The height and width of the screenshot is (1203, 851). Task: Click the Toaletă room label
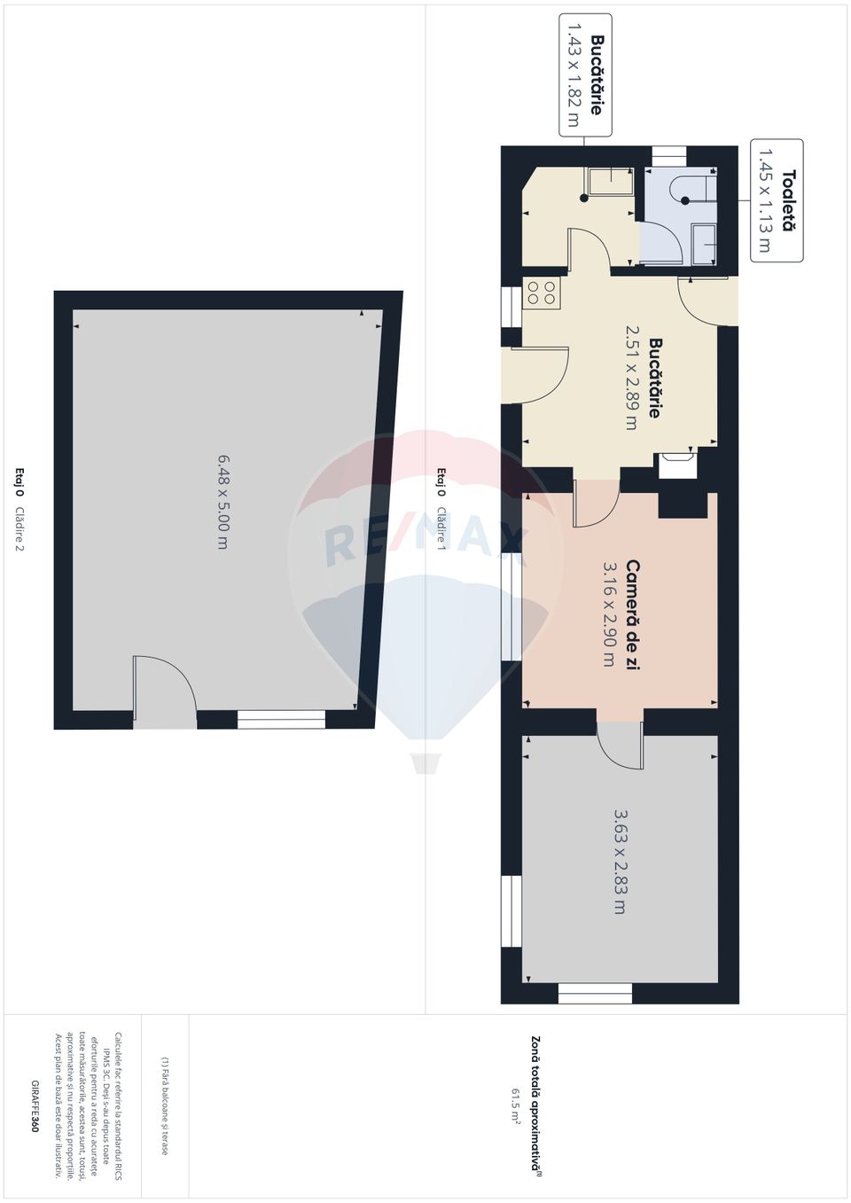coord(788,201)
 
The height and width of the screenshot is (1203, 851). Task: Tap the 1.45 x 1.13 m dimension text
coord(764,201)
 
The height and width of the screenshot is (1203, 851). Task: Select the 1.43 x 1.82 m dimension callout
coord(573,75)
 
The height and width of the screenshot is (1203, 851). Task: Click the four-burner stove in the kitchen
coord(541,293)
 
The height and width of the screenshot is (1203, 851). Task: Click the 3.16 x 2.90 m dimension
coord(610,614)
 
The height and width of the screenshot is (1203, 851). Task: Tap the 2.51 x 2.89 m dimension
coord(632,377)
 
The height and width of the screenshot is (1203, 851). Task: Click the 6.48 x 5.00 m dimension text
coord(223,502)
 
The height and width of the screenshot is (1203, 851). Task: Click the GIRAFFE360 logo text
coord(35,1106)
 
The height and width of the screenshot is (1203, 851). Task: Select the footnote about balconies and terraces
coord(164,1105)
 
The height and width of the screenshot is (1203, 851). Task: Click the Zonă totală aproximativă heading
coord(535,1105)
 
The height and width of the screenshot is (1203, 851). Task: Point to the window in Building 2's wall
coord(282,720)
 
